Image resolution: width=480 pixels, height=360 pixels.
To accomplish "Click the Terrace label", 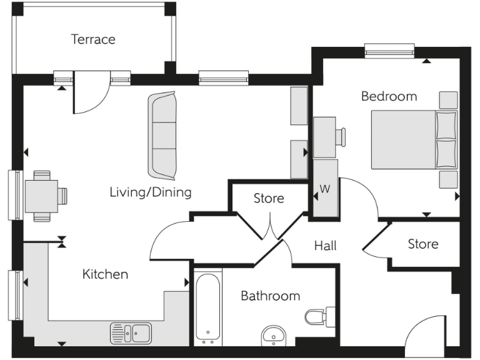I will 93,39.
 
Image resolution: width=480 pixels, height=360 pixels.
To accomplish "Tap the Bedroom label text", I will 389,96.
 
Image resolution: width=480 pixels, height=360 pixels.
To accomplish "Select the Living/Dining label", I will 150,192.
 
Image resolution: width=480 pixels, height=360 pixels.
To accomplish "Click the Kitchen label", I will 105,274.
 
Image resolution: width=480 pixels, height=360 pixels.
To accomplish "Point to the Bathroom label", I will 270,296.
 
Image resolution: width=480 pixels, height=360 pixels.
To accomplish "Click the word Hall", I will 325,246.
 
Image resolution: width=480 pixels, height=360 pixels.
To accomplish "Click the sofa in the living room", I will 162,135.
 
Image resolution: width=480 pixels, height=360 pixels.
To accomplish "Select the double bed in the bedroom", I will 412,139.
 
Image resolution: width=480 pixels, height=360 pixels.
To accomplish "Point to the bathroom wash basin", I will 272,335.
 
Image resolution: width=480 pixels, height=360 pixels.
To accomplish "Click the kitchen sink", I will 132,332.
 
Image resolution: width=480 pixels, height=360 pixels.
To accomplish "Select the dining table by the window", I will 41,196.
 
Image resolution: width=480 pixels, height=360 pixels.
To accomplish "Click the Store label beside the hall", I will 422,244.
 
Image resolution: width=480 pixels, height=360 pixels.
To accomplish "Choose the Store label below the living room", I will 269,199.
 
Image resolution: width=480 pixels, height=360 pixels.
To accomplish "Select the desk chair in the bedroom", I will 341,137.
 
